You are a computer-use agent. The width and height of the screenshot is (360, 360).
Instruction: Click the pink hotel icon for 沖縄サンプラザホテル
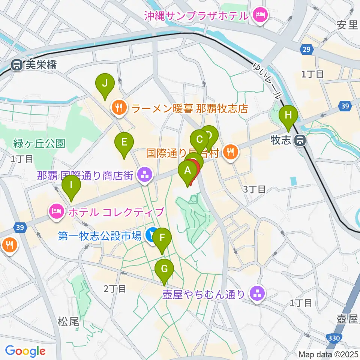259,16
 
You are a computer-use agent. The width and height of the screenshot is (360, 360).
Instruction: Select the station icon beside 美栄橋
17,65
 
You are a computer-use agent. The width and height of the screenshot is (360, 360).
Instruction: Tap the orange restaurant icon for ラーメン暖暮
119,109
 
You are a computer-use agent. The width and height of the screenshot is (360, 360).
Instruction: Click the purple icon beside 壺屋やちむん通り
257,294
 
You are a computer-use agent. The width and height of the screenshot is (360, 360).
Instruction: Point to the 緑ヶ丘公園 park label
39,143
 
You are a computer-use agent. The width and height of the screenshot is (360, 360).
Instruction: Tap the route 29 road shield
306,49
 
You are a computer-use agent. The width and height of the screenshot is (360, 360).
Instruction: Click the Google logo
25,351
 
